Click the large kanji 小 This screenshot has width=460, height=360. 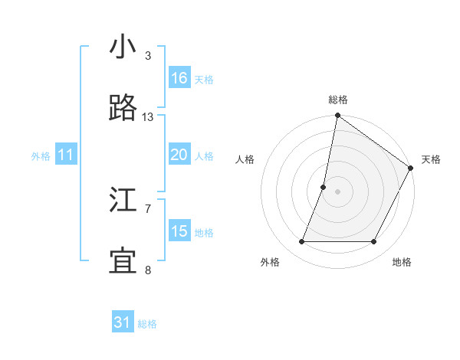(123, 47)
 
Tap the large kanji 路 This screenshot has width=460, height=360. (123, 110)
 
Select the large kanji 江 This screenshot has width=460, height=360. (123, 201)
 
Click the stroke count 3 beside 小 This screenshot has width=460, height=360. (148, 56)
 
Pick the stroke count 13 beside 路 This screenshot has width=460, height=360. (148, 117)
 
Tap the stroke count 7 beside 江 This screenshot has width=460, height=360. (148, 208)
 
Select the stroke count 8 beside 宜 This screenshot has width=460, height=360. (148, 270)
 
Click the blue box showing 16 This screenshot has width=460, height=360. (179, 78)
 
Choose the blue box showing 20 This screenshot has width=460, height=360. (179, 155)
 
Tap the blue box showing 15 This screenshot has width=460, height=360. (179, 231)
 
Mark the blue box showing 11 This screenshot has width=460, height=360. (66, 155)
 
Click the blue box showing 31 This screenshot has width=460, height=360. (123, 322)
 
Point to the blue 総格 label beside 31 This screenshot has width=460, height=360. (147, 324)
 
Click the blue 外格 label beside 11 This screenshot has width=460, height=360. (41, 156)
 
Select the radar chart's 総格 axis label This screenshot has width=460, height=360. (337, 100)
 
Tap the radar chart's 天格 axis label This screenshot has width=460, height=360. (431, 159)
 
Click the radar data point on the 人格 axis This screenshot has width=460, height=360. (324, 187)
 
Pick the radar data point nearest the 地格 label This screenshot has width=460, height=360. (374, 241)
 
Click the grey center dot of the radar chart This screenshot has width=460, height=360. (337, 191)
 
